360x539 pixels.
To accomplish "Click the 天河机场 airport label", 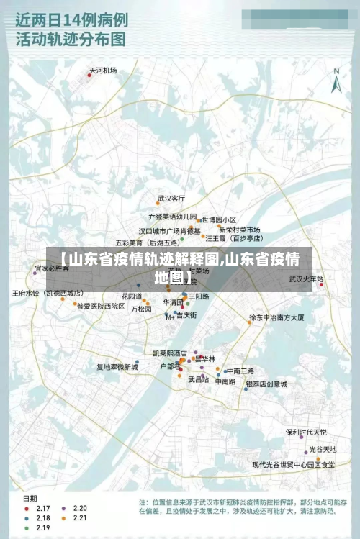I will tap(103, 71).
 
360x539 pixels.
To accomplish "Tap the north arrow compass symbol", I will tap(336, 81).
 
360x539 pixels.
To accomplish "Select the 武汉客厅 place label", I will tap(171, 198).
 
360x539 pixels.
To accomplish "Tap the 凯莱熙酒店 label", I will tap(170, 353).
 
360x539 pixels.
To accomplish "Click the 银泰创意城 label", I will tap(266, 384).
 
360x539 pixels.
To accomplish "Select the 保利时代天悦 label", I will tap(306, 432).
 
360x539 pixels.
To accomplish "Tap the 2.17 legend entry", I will tap(42, 508).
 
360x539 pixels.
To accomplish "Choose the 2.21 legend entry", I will tap(78, 517).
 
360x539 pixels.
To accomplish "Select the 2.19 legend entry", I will tap(42, 527).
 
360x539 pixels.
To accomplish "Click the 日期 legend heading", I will tap(30, 498).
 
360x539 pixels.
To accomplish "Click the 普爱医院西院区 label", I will tap(101, 306).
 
